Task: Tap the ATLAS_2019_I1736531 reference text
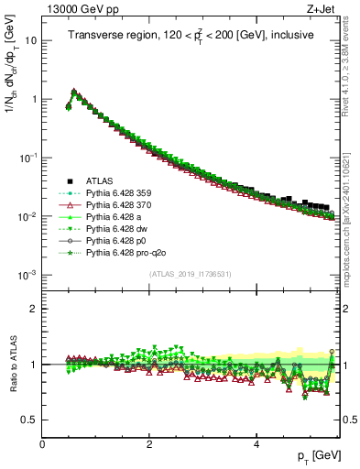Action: click(x=190, y=275)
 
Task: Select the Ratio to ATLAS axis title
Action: click(x=14, y=364)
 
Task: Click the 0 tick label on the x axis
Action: click(x=43, y=442)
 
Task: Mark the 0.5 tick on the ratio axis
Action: click(x=30, y=420)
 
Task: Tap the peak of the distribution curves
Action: click(x=74, y=91)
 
